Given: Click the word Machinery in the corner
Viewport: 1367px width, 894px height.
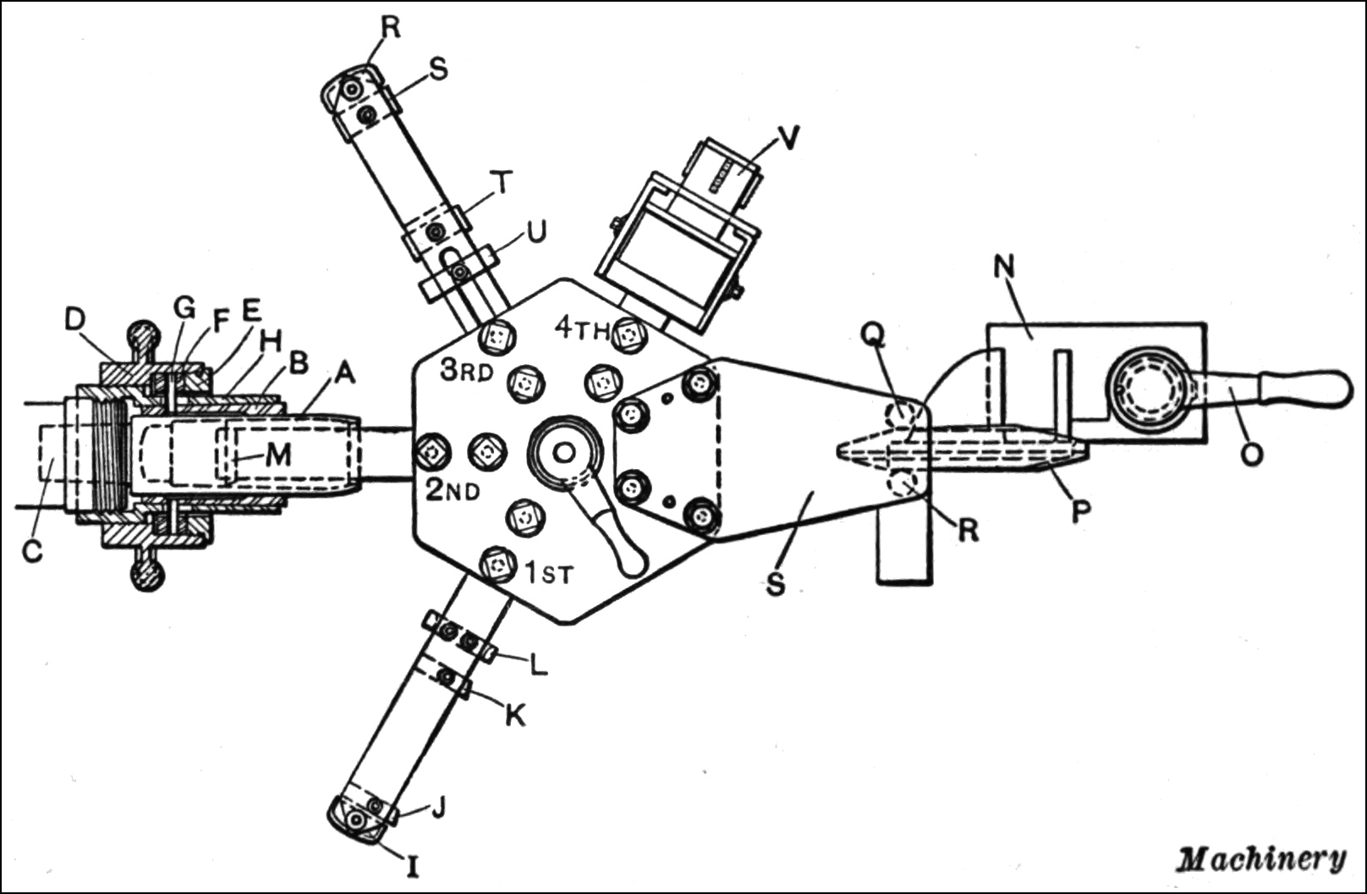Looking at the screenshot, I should point(1261,858).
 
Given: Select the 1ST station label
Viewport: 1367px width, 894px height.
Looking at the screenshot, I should point(549,574).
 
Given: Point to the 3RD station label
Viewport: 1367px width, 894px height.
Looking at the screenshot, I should point(465,371).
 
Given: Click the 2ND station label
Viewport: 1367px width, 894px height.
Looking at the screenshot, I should point(453,490).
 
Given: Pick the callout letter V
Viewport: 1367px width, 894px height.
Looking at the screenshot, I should point(788,137).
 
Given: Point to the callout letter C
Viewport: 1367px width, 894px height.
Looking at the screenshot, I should point(32,551).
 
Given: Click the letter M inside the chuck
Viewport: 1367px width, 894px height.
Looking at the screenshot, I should point(277,455).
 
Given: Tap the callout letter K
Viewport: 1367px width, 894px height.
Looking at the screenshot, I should point(514,715).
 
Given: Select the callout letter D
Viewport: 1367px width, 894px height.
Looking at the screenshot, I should point(75,321).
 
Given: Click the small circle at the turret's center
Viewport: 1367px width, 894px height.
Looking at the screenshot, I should point(561,454).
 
